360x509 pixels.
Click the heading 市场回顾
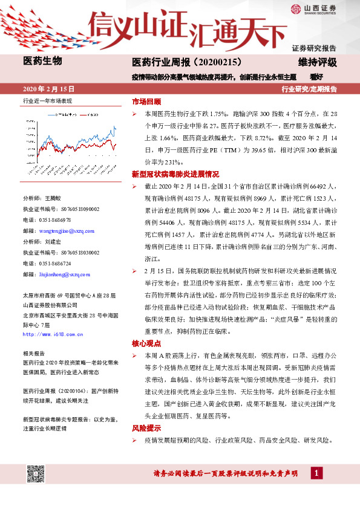(x=146, y=101)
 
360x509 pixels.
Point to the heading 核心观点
(x=146, y=343)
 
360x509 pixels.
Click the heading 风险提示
(x=146, y=427)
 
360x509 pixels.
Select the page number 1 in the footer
(x=317, y=473)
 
